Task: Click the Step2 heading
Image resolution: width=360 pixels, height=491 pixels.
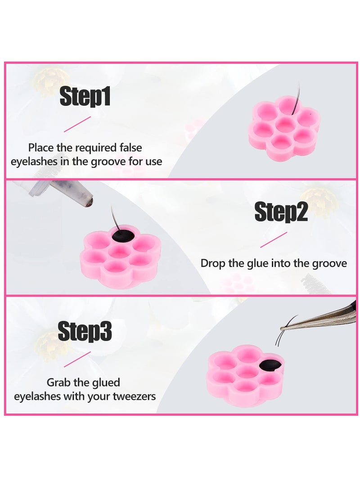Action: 281,212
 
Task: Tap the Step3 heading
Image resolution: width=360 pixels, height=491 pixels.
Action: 85,332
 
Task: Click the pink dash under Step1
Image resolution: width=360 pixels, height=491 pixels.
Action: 77,124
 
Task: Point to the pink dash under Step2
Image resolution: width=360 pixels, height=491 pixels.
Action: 273,239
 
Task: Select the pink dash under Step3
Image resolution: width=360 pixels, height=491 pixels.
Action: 77,359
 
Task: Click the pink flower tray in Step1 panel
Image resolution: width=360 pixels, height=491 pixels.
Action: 284,129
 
